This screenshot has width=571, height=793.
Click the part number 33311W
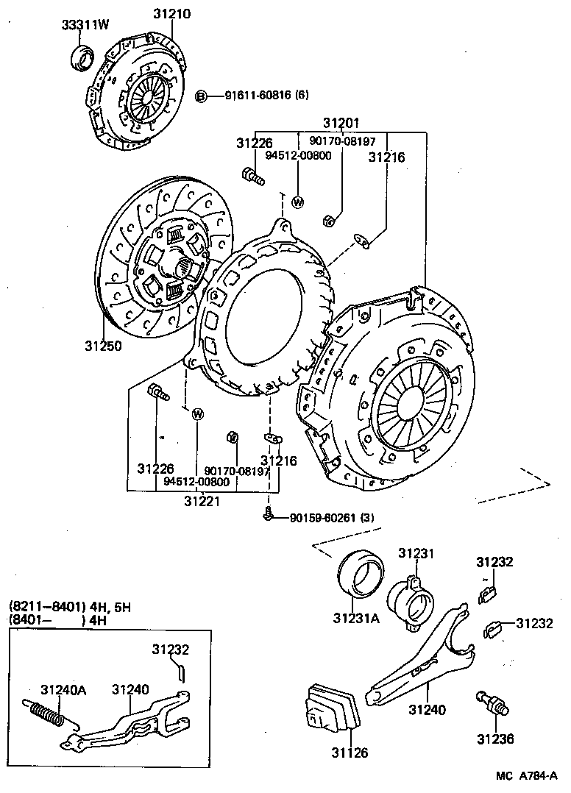click(84, 24)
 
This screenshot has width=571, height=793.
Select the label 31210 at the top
click(172, 14)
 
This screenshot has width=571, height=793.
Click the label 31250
click(102, 345)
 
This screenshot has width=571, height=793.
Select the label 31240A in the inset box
click(63, 689)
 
